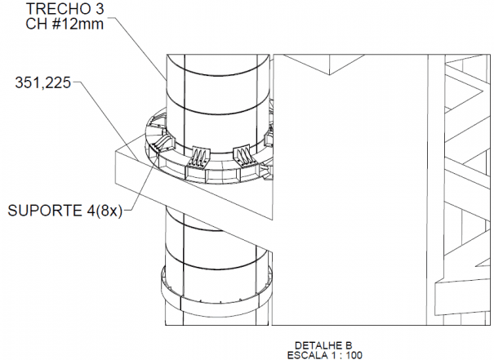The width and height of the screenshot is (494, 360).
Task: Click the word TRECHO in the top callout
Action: tap(57, 9)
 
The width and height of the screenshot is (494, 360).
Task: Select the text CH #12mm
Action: tap(65, 24)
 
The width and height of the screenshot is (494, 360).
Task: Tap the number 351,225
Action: tap(42, 82)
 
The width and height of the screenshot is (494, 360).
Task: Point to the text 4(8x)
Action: tap(104, 211)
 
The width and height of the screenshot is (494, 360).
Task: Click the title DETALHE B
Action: tap(323, 345)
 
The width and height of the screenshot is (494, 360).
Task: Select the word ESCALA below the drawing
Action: tap(307, 355)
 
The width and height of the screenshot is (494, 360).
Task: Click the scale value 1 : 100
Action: tap(346, 355)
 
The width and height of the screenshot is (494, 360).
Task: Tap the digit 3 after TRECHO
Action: tap(99, 9)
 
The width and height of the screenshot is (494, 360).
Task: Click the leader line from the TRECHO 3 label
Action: tap(140, 48)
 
